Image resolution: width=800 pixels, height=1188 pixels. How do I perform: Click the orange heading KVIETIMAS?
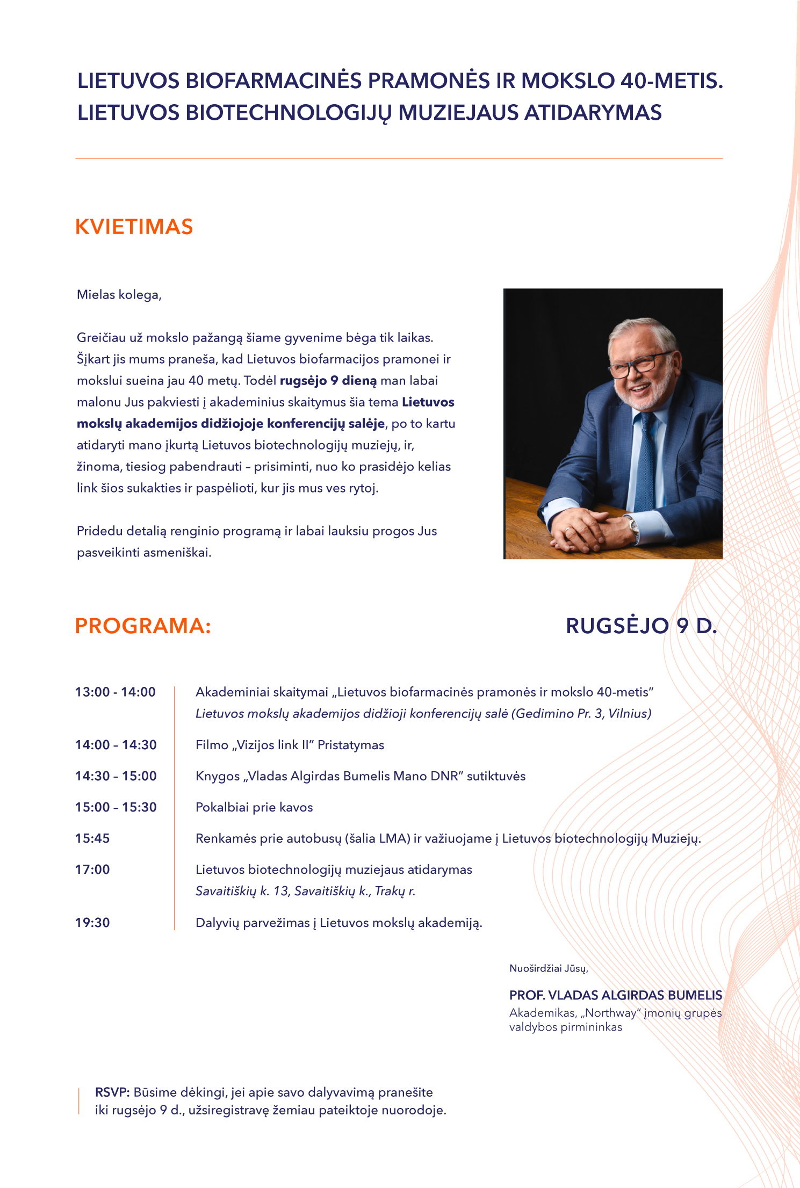[x=134, y=227]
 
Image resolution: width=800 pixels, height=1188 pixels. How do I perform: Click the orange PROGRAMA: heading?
[x=143, y=626]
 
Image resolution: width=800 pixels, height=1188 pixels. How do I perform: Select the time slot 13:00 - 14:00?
[x=116, y=692]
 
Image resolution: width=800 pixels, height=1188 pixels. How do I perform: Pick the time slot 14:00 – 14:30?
[x=116, y=745]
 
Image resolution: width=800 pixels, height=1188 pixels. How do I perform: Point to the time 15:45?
[x=92, y=838]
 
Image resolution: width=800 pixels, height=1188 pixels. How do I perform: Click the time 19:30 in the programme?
[x=92, y=923]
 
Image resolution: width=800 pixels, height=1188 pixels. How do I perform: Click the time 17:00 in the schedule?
[x=92, y=870]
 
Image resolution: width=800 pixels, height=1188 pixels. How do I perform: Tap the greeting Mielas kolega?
[x=119, y=295]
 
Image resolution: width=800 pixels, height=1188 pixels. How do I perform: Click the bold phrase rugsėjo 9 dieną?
[x=328, y=381]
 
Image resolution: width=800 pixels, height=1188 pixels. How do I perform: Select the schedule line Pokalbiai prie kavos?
[x=254, y=807]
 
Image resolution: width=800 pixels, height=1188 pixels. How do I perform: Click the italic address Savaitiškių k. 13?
[x=242, y=891]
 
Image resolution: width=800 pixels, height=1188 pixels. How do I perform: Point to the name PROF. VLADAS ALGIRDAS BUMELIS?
[x=616, y=995]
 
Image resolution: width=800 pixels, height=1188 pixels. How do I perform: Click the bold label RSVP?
[x=112, y=1092]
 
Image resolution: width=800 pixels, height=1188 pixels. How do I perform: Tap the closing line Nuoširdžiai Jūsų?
[x=549, y=968]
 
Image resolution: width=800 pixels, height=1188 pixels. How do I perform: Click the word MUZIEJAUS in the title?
[x=458, y=113]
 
